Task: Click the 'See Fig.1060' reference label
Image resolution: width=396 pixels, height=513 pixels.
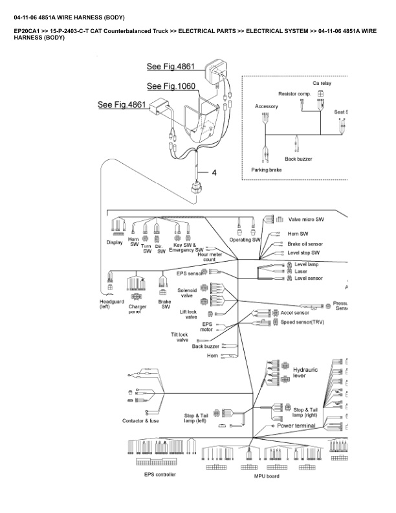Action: coord(171,86)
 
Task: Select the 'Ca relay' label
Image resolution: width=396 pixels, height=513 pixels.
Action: coord(322,83)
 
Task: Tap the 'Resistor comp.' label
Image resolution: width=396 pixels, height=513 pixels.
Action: coord(294,94)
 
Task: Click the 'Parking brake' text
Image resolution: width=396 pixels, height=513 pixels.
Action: coord(267,170)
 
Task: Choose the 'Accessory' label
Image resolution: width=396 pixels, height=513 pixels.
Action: coord(267,106)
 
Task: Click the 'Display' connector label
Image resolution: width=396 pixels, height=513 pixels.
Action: coord(115,243)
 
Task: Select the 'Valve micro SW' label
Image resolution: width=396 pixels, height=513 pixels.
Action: coord(307,219)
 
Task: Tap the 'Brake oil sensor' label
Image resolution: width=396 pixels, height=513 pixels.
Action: coord(309,244)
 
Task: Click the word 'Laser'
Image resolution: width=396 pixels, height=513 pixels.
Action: coord(301,271)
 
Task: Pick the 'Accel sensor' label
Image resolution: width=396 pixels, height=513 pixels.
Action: coord(294,312)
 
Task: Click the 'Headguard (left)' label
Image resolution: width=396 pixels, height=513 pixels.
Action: coord(109,304)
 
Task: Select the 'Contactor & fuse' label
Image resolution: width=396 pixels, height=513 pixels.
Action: coord(140,421)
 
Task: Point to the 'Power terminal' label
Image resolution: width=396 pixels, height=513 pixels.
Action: coord(296,426)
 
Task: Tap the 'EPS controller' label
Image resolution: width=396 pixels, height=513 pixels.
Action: coord(160,474)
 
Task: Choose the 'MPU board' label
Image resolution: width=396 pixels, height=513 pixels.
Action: coord(266,476)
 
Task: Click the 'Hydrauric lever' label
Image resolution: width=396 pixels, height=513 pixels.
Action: coord(305,372)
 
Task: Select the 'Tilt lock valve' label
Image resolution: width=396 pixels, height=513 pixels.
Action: coord(180,337)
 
